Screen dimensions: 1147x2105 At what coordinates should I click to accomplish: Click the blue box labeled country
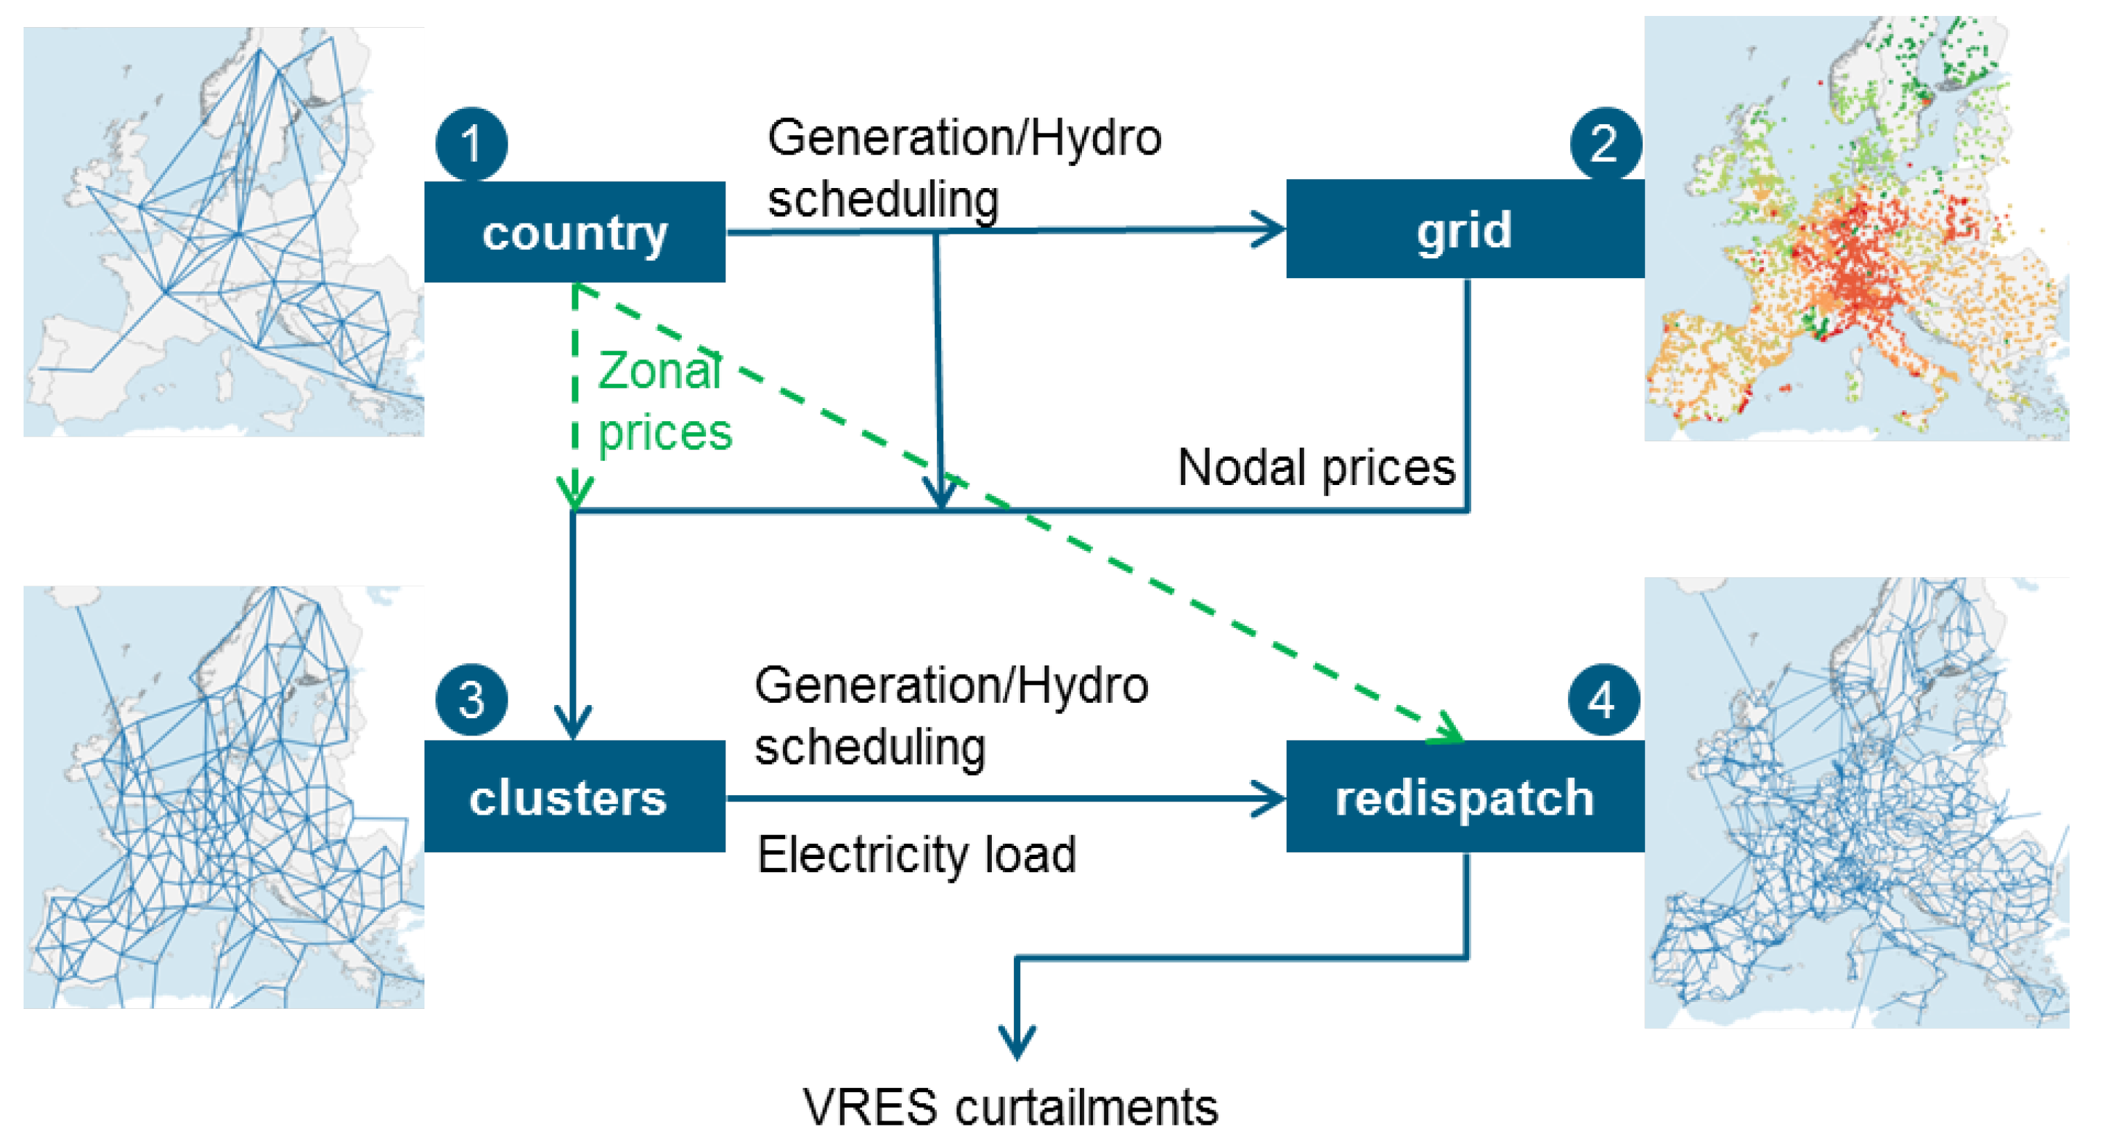(x=574, y=232)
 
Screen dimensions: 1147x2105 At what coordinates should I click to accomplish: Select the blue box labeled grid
(x=1464, y=230)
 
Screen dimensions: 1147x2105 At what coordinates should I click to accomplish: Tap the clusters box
(x=574, y=797)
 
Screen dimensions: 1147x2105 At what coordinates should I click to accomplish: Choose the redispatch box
(x=1464, y=797)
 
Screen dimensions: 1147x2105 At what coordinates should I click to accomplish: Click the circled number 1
(x=472, y=144)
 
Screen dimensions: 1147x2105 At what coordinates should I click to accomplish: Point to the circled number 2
(x=1605, y=143)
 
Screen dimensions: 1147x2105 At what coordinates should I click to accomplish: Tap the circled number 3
(x=472, y=700)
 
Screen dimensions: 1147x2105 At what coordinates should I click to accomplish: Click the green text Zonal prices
(x=664, y=400)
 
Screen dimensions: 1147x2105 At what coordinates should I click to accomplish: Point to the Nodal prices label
(x=1316, y=468)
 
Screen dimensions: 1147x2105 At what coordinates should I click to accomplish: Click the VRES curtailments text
(x=1011, y=1107)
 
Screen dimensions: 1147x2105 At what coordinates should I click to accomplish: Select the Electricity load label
(x=916, y=854)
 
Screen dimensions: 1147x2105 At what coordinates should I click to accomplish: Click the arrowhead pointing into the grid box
(x=1269, y=229)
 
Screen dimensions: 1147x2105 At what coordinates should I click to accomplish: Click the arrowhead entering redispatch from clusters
(x=1269, y=798)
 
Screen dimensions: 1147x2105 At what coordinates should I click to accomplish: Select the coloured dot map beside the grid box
(x=1856, y=229)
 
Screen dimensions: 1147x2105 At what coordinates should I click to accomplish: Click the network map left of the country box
(x=223, y=232)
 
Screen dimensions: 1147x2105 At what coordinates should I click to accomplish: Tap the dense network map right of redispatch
(x=1856, y=803)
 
